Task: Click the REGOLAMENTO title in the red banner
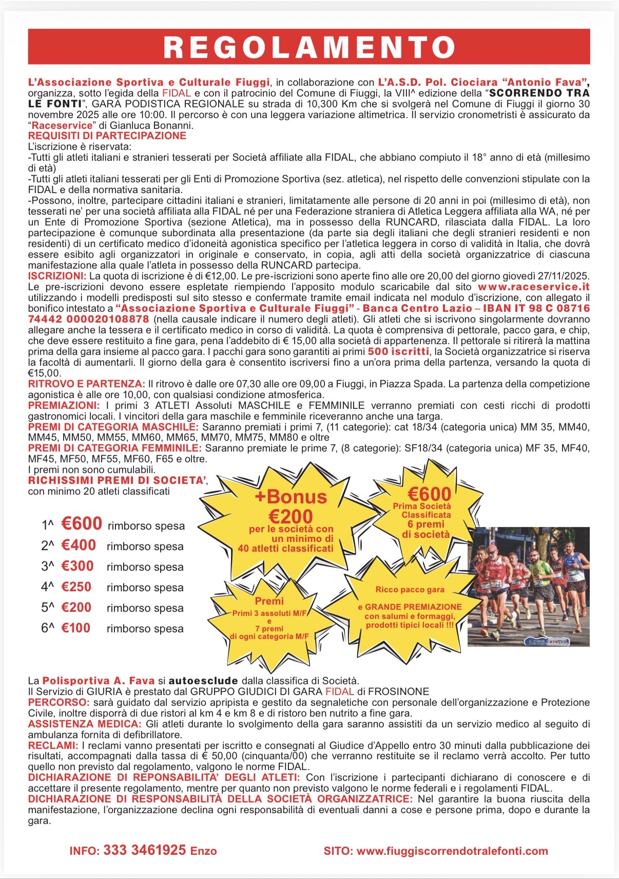(x=309, y=47)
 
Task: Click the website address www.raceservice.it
(x=533, y=287)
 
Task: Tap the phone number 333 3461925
(x=144, y=850)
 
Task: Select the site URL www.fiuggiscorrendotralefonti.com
(x=452, y=851)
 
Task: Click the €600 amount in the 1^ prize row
(x=82, y=523)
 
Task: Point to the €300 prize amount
(x=78, y=566)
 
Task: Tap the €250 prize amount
(x=76, y=587)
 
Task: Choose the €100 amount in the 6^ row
(x=76, y=628)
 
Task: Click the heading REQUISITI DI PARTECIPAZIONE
(x=107, y=136)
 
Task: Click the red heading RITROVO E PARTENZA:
(x=87, y=384)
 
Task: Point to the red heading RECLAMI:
(x=53, y=745)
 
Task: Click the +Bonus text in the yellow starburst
(x=291, y=497)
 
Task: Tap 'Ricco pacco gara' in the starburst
(x=410, y=590)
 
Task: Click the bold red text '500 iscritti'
(x=398, y=351)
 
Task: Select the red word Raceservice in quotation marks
(x=62, y=125)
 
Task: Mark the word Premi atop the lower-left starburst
(x=269, y=601)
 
